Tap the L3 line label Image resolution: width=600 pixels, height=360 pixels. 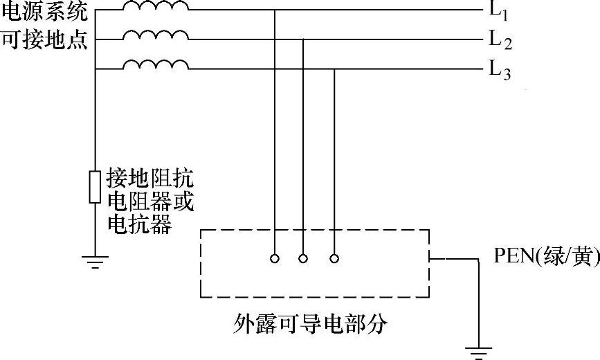pos(500,70)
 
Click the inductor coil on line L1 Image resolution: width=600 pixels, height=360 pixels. pos(155,7)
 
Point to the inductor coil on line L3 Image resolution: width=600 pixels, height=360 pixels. pos(155,64)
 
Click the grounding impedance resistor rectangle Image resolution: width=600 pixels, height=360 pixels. pos(95,186)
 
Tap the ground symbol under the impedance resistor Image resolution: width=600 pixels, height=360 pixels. pos(95,260)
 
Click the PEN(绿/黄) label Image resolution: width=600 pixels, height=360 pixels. pos(545,257)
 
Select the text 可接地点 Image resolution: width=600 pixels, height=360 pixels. pos(45,41)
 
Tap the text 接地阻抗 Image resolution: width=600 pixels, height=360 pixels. pos(149,179)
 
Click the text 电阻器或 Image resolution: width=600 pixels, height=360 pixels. pos(149,201)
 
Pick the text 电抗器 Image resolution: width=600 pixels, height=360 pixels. pos(139,224)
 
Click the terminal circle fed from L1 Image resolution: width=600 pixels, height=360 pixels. pos(275,258)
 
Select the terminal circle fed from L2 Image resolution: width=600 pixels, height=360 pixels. pos(303,258)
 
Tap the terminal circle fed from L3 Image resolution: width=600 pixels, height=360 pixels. pos(334,258)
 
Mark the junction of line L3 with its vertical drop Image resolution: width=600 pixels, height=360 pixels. pos(334,69)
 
